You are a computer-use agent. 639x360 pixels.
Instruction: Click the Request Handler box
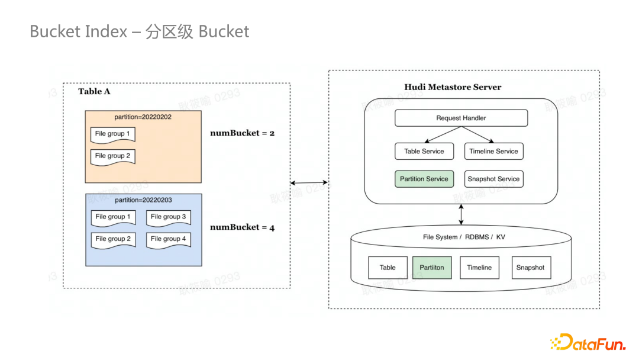click(461, 118)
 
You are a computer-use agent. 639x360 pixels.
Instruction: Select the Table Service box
click(424, 152)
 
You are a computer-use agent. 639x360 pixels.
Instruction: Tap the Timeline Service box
click(493, 152)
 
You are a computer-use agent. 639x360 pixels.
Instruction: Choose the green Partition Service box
click(424, 179)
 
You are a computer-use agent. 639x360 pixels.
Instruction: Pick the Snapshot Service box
click(493, 179)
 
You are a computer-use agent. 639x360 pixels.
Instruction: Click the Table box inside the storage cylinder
click(388, 268)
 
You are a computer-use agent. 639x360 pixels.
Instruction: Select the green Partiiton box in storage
click(432, 268)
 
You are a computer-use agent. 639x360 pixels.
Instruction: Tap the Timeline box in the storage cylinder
click(479, 268)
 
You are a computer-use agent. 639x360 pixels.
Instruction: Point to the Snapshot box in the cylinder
click(530, 268)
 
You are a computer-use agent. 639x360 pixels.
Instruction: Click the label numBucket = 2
click(242, 133)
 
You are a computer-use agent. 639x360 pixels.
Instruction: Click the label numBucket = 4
click(242, 227)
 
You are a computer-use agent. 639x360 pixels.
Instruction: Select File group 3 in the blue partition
click(168, 217)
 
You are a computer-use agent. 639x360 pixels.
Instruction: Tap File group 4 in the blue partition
click(168, 239)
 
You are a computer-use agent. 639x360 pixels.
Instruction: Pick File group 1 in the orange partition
click(112, 134)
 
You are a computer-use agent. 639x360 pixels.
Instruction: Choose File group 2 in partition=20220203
click(112, 239)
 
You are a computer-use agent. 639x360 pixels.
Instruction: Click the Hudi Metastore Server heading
click(453, 87)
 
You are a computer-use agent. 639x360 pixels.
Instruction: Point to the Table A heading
click(94, 91)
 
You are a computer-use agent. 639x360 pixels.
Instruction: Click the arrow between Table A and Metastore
click(309, 182)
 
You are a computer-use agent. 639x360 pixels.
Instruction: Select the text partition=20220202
click(143, 117)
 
